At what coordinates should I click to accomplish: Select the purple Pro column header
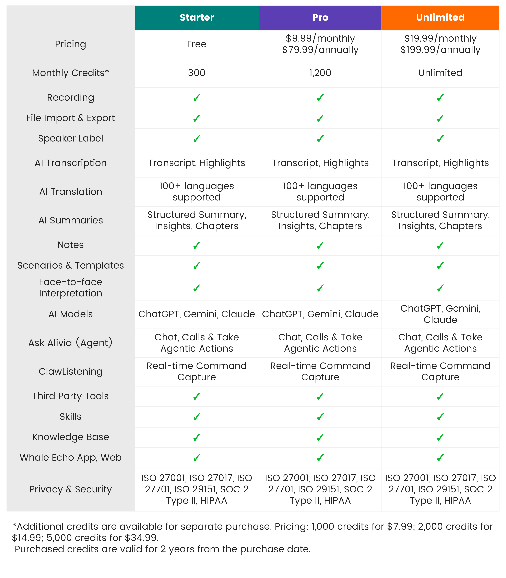pyautogui.click(x=320, y=17)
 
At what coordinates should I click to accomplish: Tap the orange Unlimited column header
pyautogui.click(x=440, y=17)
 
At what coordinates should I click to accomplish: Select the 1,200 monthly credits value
pyautogui.click(x=320, y=73)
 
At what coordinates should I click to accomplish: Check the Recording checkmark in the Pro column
pyautogui.click(x=320, y=98)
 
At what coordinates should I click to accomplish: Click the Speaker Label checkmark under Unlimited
pyautogui.click(x=440, y=139)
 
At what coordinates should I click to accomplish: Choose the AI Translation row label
pyautogui.click(x=71, y=192)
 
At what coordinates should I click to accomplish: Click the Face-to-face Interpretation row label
pyautogui.click(x=71, y=288)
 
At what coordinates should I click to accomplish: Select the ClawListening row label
pyautogui.click(x=71, y=371)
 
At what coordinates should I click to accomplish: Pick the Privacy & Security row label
pyautogui.click(x=71, y=489)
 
